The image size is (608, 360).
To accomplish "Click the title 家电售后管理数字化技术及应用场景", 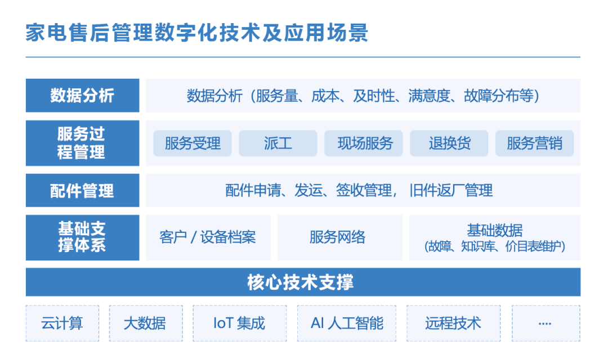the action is coord(196,32).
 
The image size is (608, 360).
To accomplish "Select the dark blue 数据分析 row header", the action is coord(83,95).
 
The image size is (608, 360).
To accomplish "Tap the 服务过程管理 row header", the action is coord(83,143).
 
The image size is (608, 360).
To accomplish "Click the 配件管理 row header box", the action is coord(83,190).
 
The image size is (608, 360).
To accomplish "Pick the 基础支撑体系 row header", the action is coord(83,237).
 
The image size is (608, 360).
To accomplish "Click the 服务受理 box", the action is coord(193,143).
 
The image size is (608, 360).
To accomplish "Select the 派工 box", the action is coord(278,143).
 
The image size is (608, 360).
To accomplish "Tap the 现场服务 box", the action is coord(364,143).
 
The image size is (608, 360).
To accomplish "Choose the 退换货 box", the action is coord(449,143).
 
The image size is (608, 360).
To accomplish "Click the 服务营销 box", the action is coord(535,143).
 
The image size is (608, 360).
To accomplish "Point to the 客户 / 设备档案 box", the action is coord(208,237).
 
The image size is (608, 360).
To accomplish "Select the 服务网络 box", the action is coord(340,237).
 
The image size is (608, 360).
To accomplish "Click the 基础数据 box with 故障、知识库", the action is coord(495,237).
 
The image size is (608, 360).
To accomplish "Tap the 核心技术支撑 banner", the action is coord(303,282).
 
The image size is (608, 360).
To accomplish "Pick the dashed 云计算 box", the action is coord(62,323).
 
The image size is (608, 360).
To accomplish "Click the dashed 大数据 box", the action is coord(146,323).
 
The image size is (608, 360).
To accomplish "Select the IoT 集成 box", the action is coord(240,323).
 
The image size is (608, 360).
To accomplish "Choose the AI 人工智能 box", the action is coord(347,323).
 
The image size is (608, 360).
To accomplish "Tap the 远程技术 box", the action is coord(454,323).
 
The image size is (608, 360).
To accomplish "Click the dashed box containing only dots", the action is coord(546,323).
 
